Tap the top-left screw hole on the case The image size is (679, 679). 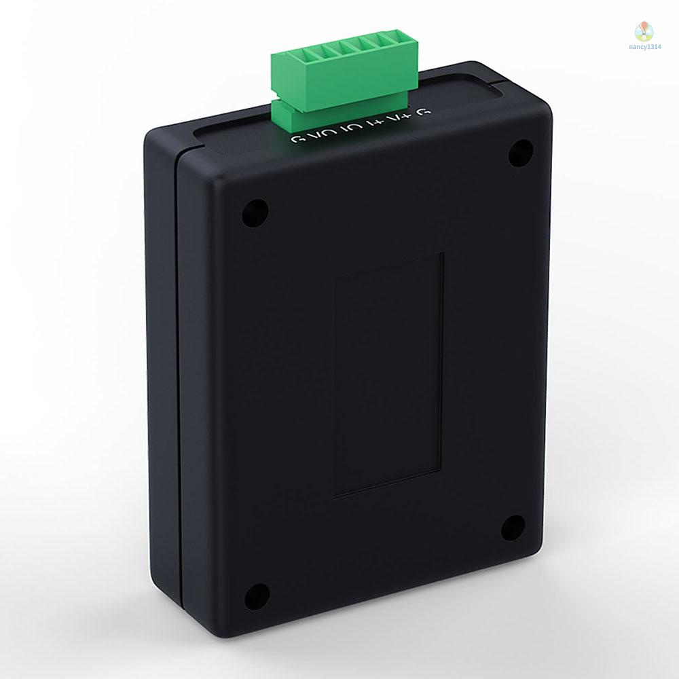click(255, 214)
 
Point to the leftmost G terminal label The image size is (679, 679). click(296, 139)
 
